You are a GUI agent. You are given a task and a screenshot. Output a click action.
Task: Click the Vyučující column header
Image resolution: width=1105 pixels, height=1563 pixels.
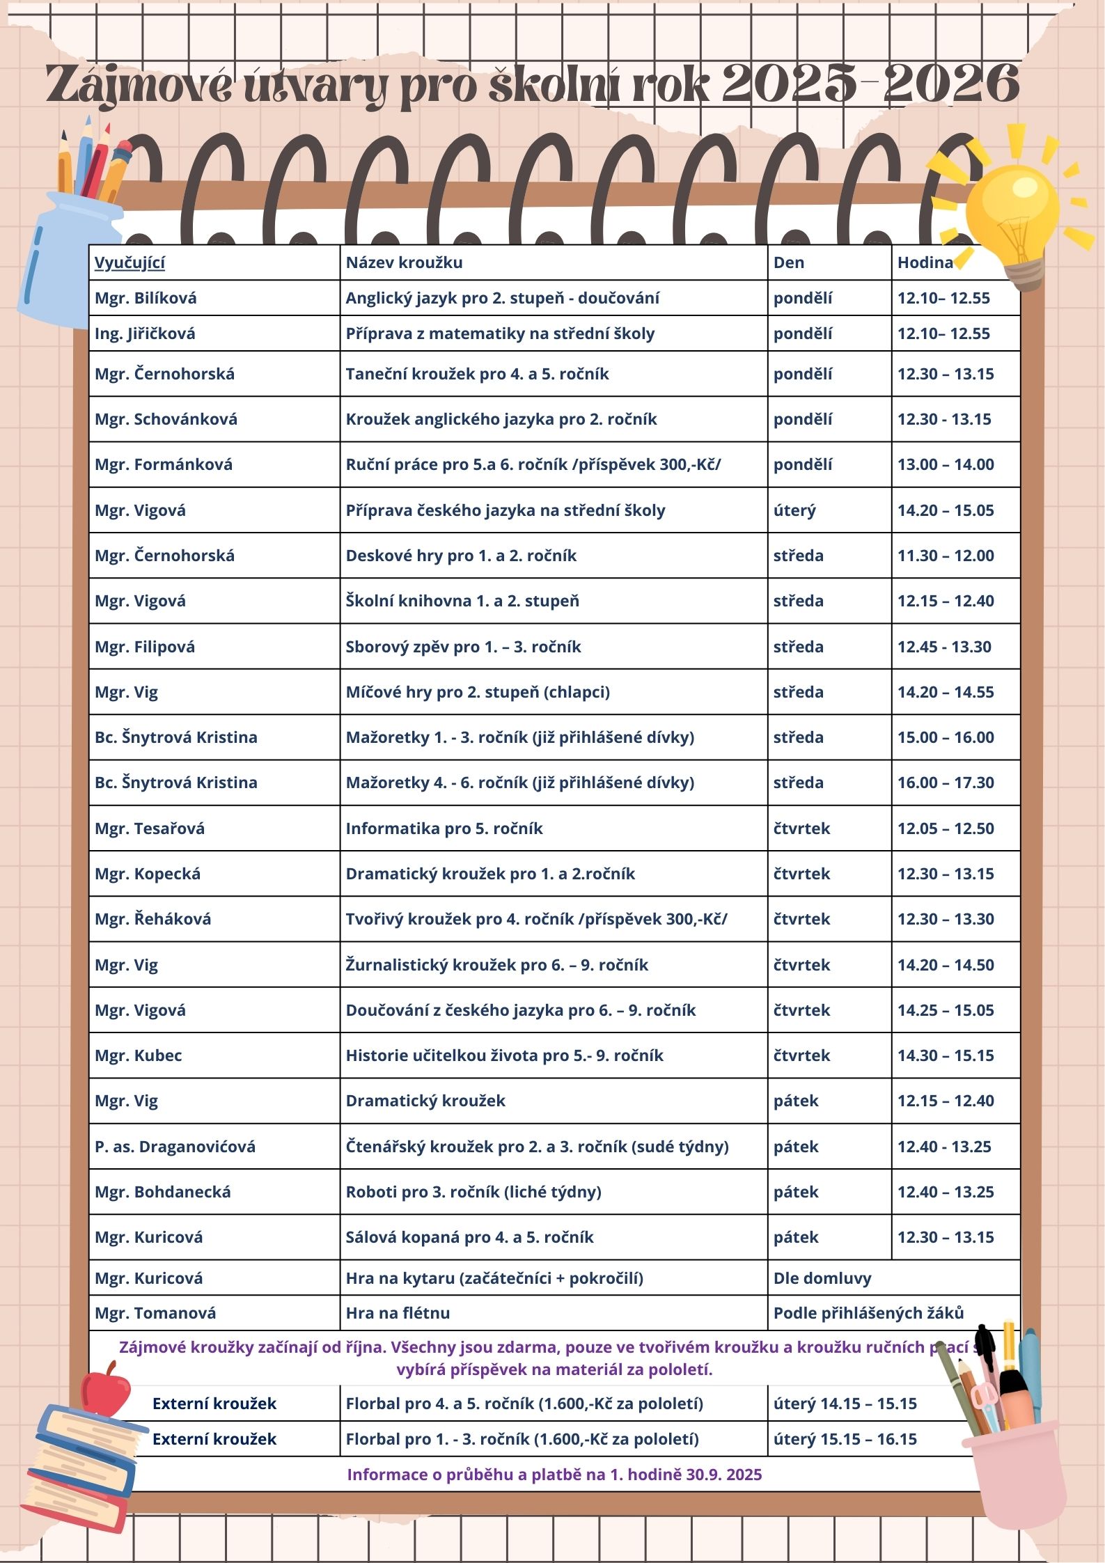click(130, 262)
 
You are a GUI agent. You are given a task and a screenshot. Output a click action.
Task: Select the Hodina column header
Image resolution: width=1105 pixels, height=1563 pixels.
click(925, 262)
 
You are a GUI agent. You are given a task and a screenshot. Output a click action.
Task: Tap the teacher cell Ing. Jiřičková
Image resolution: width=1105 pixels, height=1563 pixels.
click(145, 333)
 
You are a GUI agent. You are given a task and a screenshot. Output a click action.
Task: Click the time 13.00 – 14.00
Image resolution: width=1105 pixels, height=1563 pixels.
click(945, 464)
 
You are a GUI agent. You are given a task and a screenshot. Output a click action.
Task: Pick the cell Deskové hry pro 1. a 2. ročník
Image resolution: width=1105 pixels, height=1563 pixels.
click(461, 556)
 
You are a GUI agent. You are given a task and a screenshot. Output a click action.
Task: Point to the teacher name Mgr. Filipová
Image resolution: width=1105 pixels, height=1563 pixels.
click(145, 647)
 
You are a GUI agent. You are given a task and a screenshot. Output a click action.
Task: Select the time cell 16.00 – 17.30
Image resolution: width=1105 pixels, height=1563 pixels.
click(945, 783)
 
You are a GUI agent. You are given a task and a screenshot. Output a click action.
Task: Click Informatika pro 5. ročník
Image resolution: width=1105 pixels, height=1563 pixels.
click(444, 828)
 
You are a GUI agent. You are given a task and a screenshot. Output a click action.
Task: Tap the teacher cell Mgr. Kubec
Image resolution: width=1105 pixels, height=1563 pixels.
click(138, 1055)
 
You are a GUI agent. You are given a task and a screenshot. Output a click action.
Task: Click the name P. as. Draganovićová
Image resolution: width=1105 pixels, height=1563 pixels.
click(175, 1147)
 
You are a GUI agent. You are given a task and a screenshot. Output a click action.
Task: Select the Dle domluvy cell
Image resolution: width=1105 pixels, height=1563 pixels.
click(822, 1278)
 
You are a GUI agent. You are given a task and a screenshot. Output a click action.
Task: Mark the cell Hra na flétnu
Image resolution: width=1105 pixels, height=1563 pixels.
click(398, 1313)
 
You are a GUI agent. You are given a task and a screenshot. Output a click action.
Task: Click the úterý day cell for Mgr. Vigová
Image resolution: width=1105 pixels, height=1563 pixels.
click(794, 510)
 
